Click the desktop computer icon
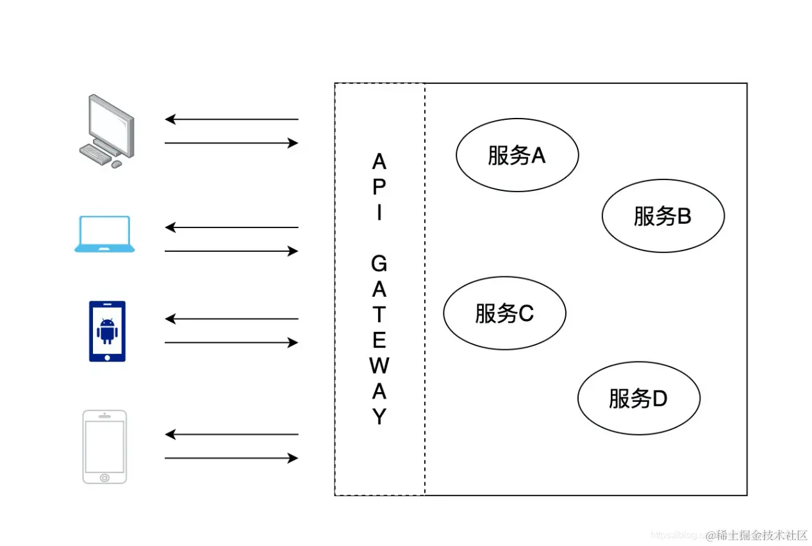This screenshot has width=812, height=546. coord(106,130)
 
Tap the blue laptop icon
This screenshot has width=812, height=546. coord(104,234)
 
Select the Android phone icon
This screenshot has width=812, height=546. coord(107,331)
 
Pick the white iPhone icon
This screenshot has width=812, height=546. coord(104,447)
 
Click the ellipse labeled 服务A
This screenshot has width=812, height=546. coord(517,155)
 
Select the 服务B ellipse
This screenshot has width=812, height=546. coord(663,216)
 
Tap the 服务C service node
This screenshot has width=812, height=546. coord(504,313)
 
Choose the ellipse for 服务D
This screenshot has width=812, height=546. coord(638,398)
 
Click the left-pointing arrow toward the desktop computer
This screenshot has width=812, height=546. coord(231,119)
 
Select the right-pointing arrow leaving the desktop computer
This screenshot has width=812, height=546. coord(231,143)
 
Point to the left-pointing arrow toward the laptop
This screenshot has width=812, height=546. coord(231,227)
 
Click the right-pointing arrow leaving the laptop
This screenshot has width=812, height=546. coord(231,251)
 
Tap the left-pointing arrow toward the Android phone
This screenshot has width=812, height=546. coord(231,319)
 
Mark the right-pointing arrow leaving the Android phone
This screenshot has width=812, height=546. coord(231,343)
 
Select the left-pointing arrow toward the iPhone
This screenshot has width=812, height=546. coord(231,434)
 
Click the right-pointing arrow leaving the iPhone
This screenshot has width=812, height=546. coord(231,458)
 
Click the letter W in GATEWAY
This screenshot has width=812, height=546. coord(379,366)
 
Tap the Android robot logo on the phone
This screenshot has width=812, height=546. coord(107,331)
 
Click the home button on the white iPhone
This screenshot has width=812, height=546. coord(104,477)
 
